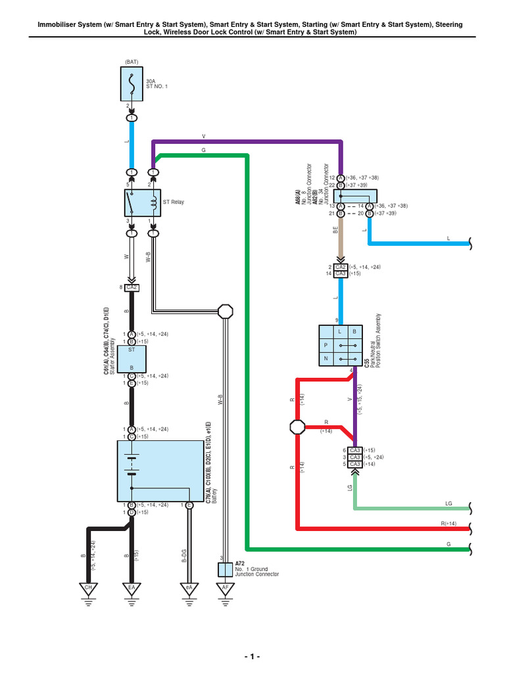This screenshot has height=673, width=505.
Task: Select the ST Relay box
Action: [x=143, y=203]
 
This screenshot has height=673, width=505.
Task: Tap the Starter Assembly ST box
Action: [x=132, y=359]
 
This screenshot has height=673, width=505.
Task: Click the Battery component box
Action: [x=160, y=470]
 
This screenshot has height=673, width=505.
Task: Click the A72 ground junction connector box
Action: [x=226, y=569]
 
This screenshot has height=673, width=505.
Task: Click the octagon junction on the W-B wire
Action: [x=226, y=312]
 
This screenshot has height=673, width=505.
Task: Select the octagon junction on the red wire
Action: [x=297, y=427]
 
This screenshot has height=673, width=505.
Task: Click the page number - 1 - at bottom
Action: [x=252, y=657]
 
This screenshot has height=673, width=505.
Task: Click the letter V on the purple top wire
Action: [x=204, y=136]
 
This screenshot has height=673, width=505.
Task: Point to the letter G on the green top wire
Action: [x=204, y=151]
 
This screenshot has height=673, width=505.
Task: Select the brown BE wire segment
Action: [x=340, y=240]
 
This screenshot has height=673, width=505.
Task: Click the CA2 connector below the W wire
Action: [x=132, y=287]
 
